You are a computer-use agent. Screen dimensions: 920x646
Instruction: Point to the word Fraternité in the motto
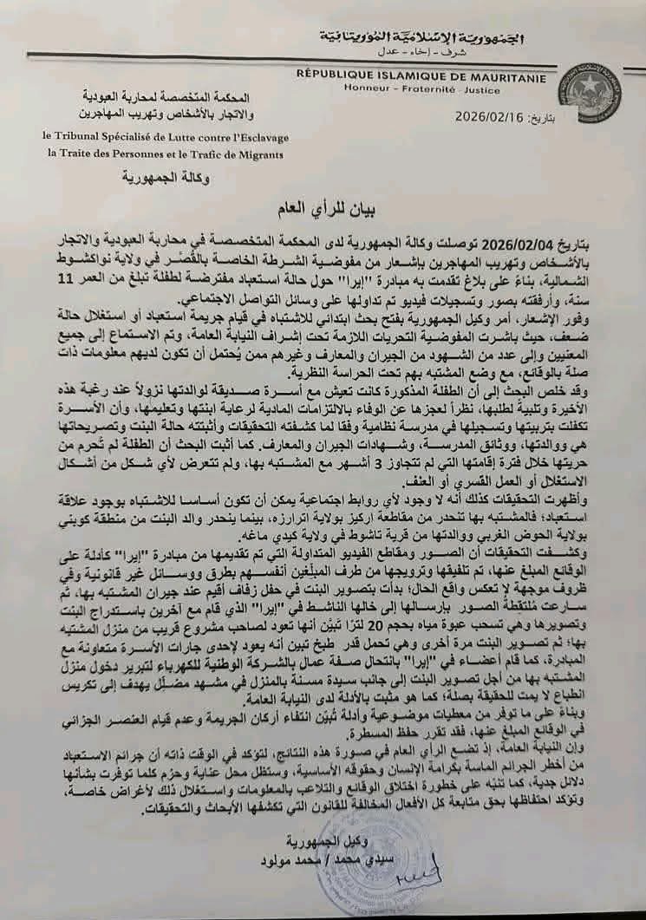click(x=414, y=88)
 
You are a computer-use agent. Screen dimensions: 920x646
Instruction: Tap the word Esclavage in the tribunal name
click(x=252, y=137)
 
